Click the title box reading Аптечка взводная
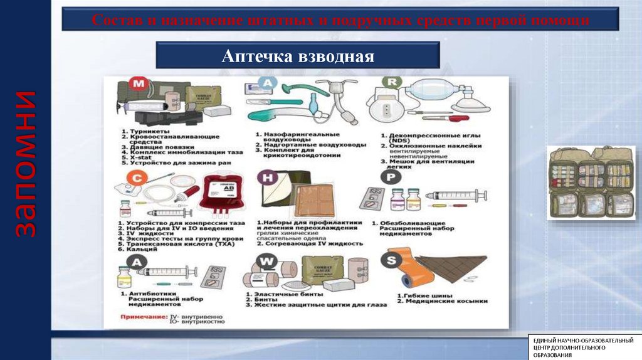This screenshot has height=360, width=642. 297,56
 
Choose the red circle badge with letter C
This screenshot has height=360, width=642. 136,177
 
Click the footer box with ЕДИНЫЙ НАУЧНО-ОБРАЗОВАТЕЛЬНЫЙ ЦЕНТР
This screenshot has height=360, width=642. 583,347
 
